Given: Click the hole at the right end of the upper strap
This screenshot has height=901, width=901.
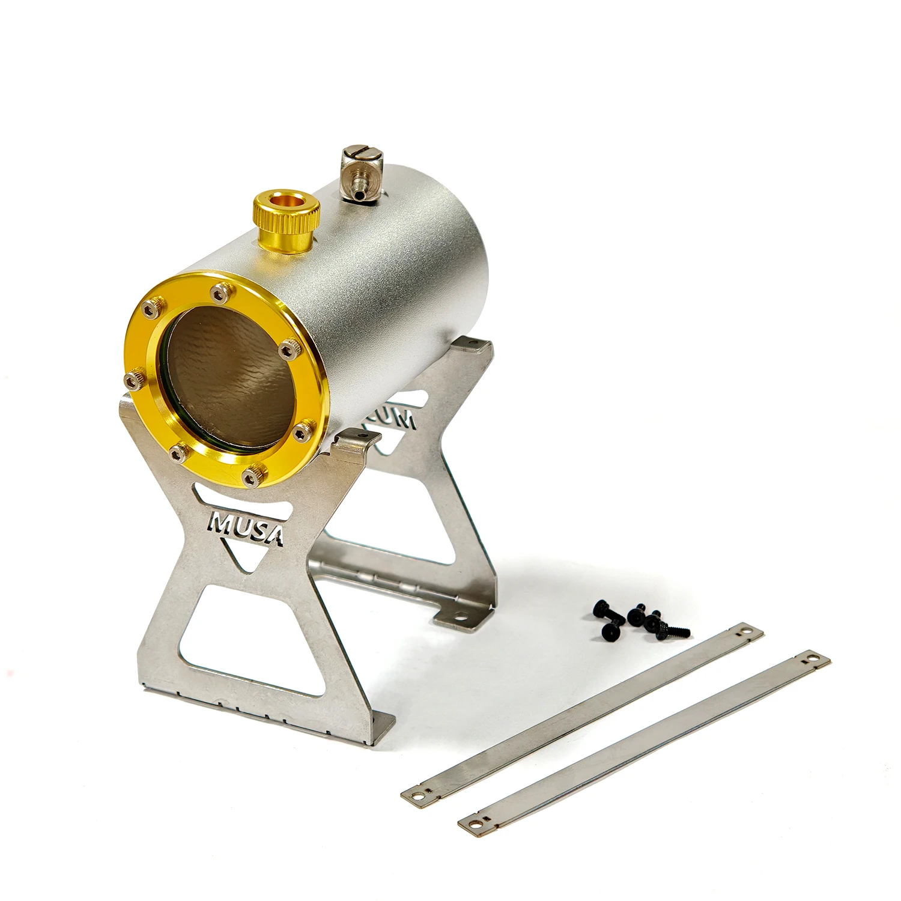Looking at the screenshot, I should [746, 632].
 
